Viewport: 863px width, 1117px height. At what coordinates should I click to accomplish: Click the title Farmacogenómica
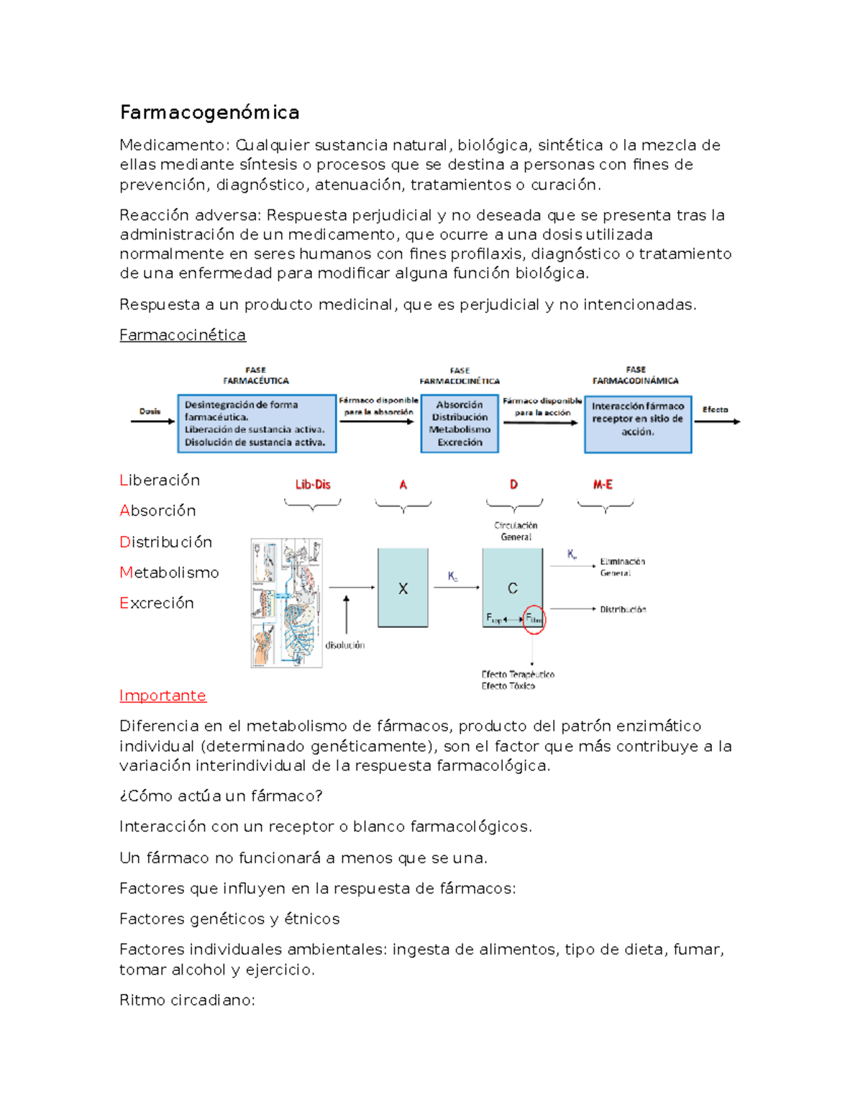point(209,113)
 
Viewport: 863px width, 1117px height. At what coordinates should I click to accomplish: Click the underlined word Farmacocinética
point(183,335)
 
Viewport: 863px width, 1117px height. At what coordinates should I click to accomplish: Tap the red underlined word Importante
point(163,696)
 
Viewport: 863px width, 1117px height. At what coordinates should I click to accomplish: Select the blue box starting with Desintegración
point(257,424)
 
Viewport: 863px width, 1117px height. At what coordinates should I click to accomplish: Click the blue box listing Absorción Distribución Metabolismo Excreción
point(460,424)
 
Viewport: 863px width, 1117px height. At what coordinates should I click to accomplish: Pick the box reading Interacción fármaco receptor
point(638,424)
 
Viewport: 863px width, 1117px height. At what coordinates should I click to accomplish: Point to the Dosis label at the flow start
point(150,411)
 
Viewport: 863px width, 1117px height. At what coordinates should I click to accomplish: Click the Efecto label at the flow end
point(715,410)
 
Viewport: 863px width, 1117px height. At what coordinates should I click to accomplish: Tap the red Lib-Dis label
point(313,485)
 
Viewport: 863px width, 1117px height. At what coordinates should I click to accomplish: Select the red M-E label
point(603,485)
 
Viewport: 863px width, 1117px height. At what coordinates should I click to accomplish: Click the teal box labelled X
point(403,588)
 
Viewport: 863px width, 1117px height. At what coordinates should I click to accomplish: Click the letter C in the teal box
point(513,588)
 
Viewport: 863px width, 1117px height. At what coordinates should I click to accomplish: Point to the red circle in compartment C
point(534,619)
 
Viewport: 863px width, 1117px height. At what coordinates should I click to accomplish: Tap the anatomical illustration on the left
point(286,603)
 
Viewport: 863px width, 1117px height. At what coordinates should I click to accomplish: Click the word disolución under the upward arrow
point(345,645)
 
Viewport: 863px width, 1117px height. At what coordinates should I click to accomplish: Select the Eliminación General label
point(622,567)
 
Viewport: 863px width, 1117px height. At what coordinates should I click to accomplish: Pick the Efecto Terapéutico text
point(518,675)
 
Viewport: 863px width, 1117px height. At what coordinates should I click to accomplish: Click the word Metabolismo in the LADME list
point(169,573)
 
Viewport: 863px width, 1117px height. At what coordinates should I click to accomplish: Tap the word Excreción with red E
point(157,603)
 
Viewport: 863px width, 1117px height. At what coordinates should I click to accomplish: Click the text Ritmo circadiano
point(187,1000)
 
